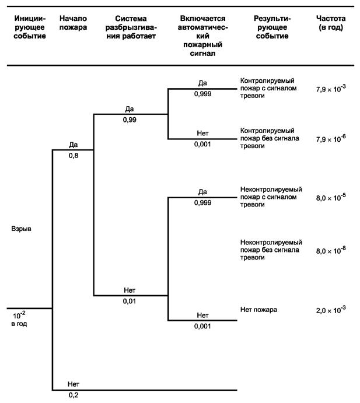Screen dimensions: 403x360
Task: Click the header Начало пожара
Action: point(74,24)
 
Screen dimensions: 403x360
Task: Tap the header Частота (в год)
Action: point(330,24)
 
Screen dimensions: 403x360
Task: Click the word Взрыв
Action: point(20,229)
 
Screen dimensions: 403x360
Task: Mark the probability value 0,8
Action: point(74,156)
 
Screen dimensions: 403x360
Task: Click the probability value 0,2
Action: point(74,395)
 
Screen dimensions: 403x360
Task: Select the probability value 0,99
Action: point(130,120)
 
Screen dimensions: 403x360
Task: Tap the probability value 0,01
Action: point(130,301)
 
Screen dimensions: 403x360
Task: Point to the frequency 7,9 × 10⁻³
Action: point(331,88)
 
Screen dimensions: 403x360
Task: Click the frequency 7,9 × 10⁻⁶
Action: point(331,139)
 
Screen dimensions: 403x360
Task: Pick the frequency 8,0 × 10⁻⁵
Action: point(331,197)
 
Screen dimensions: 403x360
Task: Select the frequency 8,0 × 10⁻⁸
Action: point(331,250)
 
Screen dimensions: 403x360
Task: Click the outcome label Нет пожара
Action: point(258,309)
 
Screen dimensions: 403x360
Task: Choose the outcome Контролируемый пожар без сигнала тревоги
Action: point(267,138)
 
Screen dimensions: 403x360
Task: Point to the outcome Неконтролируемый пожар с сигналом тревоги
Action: point(271,197)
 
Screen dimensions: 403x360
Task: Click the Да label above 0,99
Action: point(130,109)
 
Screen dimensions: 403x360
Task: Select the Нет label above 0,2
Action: point(74,384)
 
